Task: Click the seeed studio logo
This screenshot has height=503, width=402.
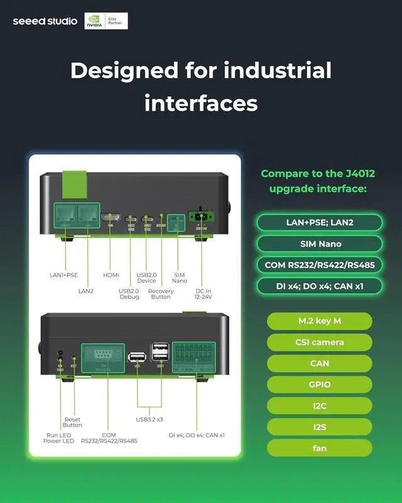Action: [45, 21]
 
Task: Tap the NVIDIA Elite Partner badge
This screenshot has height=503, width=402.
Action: [106, 21]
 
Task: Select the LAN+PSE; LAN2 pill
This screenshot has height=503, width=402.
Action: [319, 223]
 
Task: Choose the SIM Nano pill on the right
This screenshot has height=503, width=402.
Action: [319, 244]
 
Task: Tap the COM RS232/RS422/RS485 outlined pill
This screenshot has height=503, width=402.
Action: [319, 265]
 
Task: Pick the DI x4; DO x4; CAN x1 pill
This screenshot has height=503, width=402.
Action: [319, 286]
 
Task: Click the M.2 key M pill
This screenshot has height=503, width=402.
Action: [319, 321]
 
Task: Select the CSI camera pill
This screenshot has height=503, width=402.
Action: [319, 343]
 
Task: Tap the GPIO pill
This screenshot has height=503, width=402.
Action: [319, 384]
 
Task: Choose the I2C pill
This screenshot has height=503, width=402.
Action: [319, 406]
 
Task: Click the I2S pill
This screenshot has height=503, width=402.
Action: [319, 427]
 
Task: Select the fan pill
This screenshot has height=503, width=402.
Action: [319, 448]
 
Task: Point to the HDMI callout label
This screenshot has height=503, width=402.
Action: [111, 275]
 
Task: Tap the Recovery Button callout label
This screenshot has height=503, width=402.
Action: [161, 294]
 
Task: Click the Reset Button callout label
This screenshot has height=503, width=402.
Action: [72, 422]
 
